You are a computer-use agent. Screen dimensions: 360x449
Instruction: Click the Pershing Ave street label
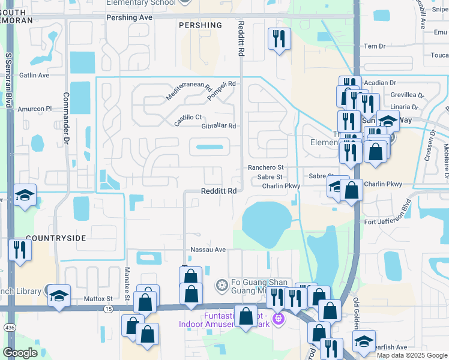coord(129,18)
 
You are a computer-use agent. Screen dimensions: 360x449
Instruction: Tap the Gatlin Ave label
coord(34,76)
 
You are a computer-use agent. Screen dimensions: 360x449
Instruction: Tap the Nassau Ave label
coord(208,250)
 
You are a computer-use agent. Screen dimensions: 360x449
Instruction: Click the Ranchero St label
coord(265,168)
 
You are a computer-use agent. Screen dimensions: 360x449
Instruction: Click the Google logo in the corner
coord(20,353)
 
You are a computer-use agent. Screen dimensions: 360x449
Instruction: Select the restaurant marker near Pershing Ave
coord(279,39)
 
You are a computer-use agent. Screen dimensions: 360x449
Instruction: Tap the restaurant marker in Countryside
coord(20,250)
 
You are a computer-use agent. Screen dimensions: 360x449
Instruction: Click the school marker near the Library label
coord(59,295)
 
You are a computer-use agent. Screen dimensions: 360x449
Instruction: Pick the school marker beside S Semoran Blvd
coord(25,195)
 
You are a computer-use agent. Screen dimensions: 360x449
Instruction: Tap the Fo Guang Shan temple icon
coord(221,284)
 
